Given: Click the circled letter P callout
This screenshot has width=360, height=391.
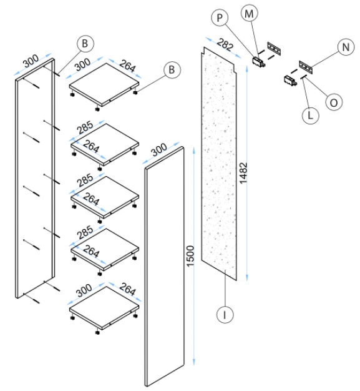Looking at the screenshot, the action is pos(220,18).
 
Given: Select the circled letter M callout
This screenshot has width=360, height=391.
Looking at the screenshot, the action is pos(249,14).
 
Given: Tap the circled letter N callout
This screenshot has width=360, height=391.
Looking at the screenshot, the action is pos(346,47).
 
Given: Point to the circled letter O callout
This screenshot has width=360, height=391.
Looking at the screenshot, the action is pos(334,102).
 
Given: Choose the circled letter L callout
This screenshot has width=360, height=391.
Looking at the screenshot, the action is pos(311,116).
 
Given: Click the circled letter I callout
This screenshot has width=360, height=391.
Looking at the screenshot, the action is pos(225,315).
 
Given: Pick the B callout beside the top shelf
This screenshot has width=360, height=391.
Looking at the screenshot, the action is pos(172,69).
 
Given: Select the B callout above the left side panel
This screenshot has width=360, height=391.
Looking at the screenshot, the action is pos(85,44).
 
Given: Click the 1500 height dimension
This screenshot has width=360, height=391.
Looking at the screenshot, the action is pos(190,256).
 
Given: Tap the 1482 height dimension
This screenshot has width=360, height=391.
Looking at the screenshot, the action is pos(243,173).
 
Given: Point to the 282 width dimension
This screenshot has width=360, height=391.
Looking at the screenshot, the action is pos(225,45).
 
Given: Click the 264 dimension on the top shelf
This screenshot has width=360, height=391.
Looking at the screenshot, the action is pos(128,66).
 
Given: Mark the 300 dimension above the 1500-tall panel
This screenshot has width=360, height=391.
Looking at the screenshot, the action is pos(159,149).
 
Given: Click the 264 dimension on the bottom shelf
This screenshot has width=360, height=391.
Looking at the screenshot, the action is pos(128,289).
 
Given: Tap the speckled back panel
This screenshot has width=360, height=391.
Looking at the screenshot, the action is pos(219,164).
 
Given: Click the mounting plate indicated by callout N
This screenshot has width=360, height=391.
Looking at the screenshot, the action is pos(306,67).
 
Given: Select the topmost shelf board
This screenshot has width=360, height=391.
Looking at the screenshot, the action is pos(104,85).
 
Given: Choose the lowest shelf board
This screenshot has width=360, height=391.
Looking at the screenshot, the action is pos(104,307).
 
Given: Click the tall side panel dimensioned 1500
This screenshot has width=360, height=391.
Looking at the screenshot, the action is pos(165,267).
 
